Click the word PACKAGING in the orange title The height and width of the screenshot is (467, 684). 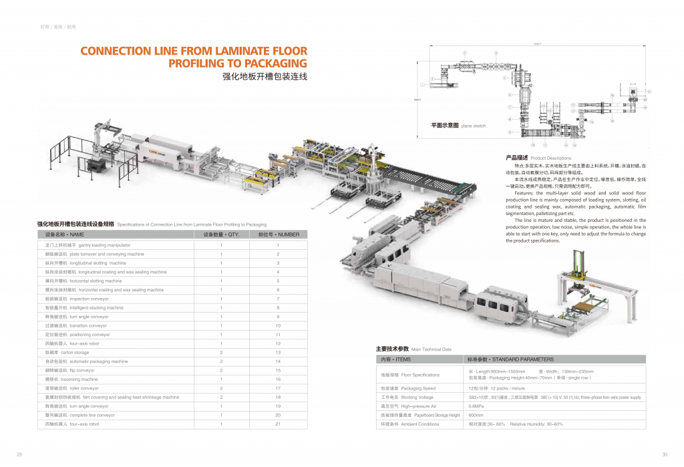click(271, 64)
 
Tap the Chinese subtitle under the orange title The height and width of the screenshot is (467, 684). click(265, 77)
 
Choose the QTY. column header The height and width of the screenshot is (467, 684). click(221, 235)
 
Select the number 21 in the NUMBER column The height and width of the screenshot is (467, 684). click(278, 424)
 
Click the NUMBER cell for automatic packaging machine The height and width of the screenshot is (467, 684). click(278, 361)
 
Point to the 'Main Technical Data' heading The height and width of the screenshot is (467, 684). click(413, 349)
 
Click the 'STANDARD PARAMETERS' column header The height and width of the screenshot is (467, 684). click(511, 359)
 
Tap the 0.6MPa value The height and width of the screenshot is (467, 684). click(476, 406)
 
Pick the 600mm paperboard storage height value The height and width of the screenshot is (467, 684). click(476, 415)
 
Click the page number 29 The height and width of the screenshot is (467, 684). click(19, 454)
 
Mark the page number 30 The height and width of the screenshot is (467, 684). click(664, 454)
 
